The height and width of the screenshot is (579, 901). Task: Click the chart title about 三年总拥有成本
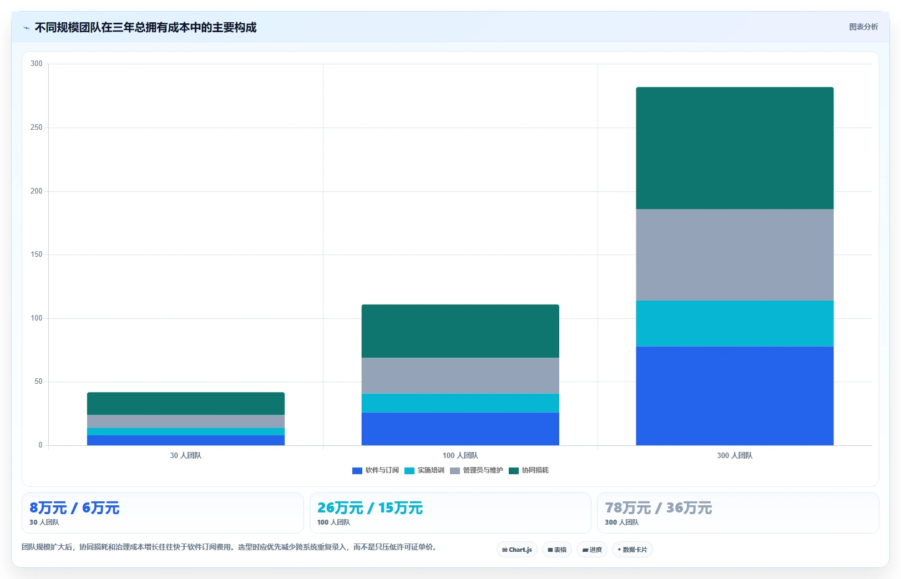point(145,27)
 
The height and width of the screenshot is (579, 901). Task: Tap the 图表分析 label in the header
point(863,27)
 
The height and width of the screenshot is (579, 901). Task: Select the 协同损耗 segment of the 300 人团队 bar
point(735,148)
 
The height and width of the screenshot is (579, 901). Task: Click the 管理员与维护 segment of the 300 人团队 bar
point(735,255)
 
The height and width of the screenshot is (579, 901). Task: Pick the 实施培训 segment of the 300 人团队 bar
point(735,324)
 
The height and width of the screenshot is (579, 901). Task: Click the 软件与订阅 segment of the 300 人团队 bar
point(735,396)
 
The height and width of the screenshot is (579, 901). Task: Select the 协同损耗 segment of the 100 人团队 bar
point(460,331)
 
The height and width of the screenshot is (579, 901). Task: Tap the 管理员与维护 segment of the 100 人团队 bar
point(460,375)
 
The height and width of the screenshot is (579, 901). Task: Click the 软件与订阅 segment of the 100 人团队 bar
point(460,429)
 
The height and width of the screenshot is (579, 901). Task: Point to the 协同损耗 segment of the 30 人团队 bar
point(186,404)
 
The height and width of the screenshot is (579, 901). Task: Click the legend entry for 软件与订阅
point(375,470)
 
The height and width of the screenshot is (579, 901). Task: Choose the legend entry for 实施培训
point(424,470)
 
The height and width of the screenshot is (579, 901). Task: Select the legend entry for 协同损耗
point(529,470)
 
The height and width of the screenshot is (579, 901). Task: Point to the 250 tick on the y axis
point(36,128)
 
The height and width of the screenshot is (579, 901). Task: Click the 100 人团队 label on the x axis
point(460,455)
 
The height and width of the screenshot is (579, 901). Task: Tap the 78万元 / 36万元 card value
point(659,508)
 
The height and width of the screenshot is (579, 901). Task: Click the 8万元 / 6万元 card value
point(74,508)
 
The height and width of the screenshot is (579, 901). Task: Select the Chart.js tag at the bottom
point(517,550)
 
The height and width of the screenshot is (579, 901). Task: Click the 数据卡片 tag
point(632,550)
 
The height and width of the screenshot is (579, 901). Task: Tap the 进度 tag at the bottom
point(591,550)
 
